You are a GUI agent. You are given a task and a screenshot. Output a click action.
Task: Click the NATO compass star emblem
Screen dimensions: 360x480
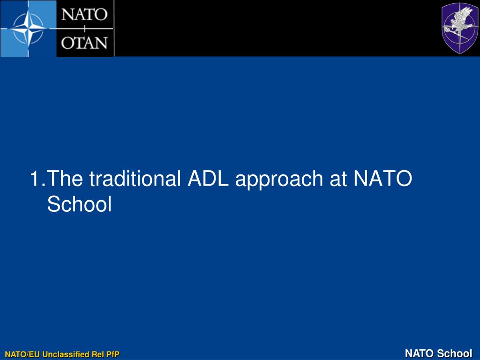point(28,29)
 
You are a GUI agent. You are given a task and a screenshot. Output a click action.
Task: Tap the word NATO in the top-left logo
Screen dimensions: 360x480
point(85,15)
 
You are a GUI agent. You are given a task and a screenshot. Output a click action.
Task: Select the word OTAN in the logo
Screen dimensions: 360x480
point(85,43)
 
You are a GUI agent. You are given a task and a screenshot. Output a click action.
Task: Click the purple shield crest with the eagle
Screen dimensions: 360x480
point(460,28)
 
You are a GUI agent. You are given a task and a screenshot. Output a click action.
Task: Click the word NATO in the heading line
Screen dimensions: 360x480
point(382,179)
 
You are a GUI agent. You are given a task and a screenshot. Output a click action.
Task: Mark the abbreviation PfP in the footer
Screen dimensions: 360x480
point(113,354)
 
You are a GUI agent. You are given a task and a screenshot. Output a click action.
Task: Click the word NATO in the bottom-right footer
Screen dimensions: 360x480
point(420,353)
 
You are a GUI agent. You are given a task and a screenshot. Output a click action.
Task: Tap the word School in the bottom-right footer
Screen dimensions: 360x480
point(455,353)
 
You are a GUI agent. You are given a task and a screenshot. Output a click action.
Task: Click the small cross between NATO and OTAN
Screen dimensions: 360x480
point(84,29)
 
